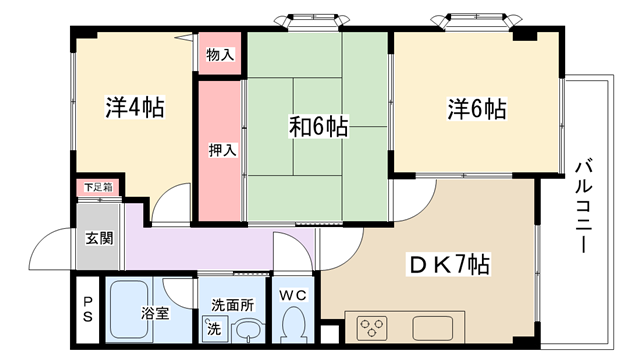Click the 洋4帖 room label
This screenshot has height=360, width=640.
pos(135,107)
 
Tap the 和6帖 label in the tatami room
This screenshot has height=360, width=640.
pos(319,127)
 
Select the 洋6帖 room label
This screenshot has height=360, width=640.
pos(477,109)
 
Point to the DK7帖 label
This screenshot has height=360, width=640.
pos(449,264)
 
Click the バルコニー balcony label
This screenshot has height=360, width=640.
pos(584,207)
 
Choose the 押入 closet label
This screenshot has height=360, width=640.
pos(222,150)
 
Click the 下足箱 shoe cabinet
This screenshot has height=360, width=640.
pos(98,187)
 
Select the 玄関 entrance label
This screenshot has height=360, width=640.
pos(99,238)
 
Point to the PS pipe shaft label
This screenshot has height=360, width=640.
pos(88,309)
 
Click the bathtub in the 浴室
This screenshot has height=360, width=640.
pos(129,309)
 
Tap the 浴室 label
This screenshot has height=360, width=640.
pos(155,313)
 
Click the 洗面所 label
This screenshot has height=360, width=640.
pos(232,305)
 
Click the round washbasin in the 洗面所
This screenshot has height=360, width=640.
pos(248,329)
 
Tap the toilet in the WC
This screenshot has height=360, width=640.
pos(293,324)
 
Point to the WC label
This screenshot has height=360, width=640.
pos(293,295)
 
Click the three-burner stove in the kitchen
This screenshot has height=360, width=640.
pos(372,328)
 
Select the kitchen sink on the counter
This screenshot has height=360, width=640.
pos(432,328)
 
